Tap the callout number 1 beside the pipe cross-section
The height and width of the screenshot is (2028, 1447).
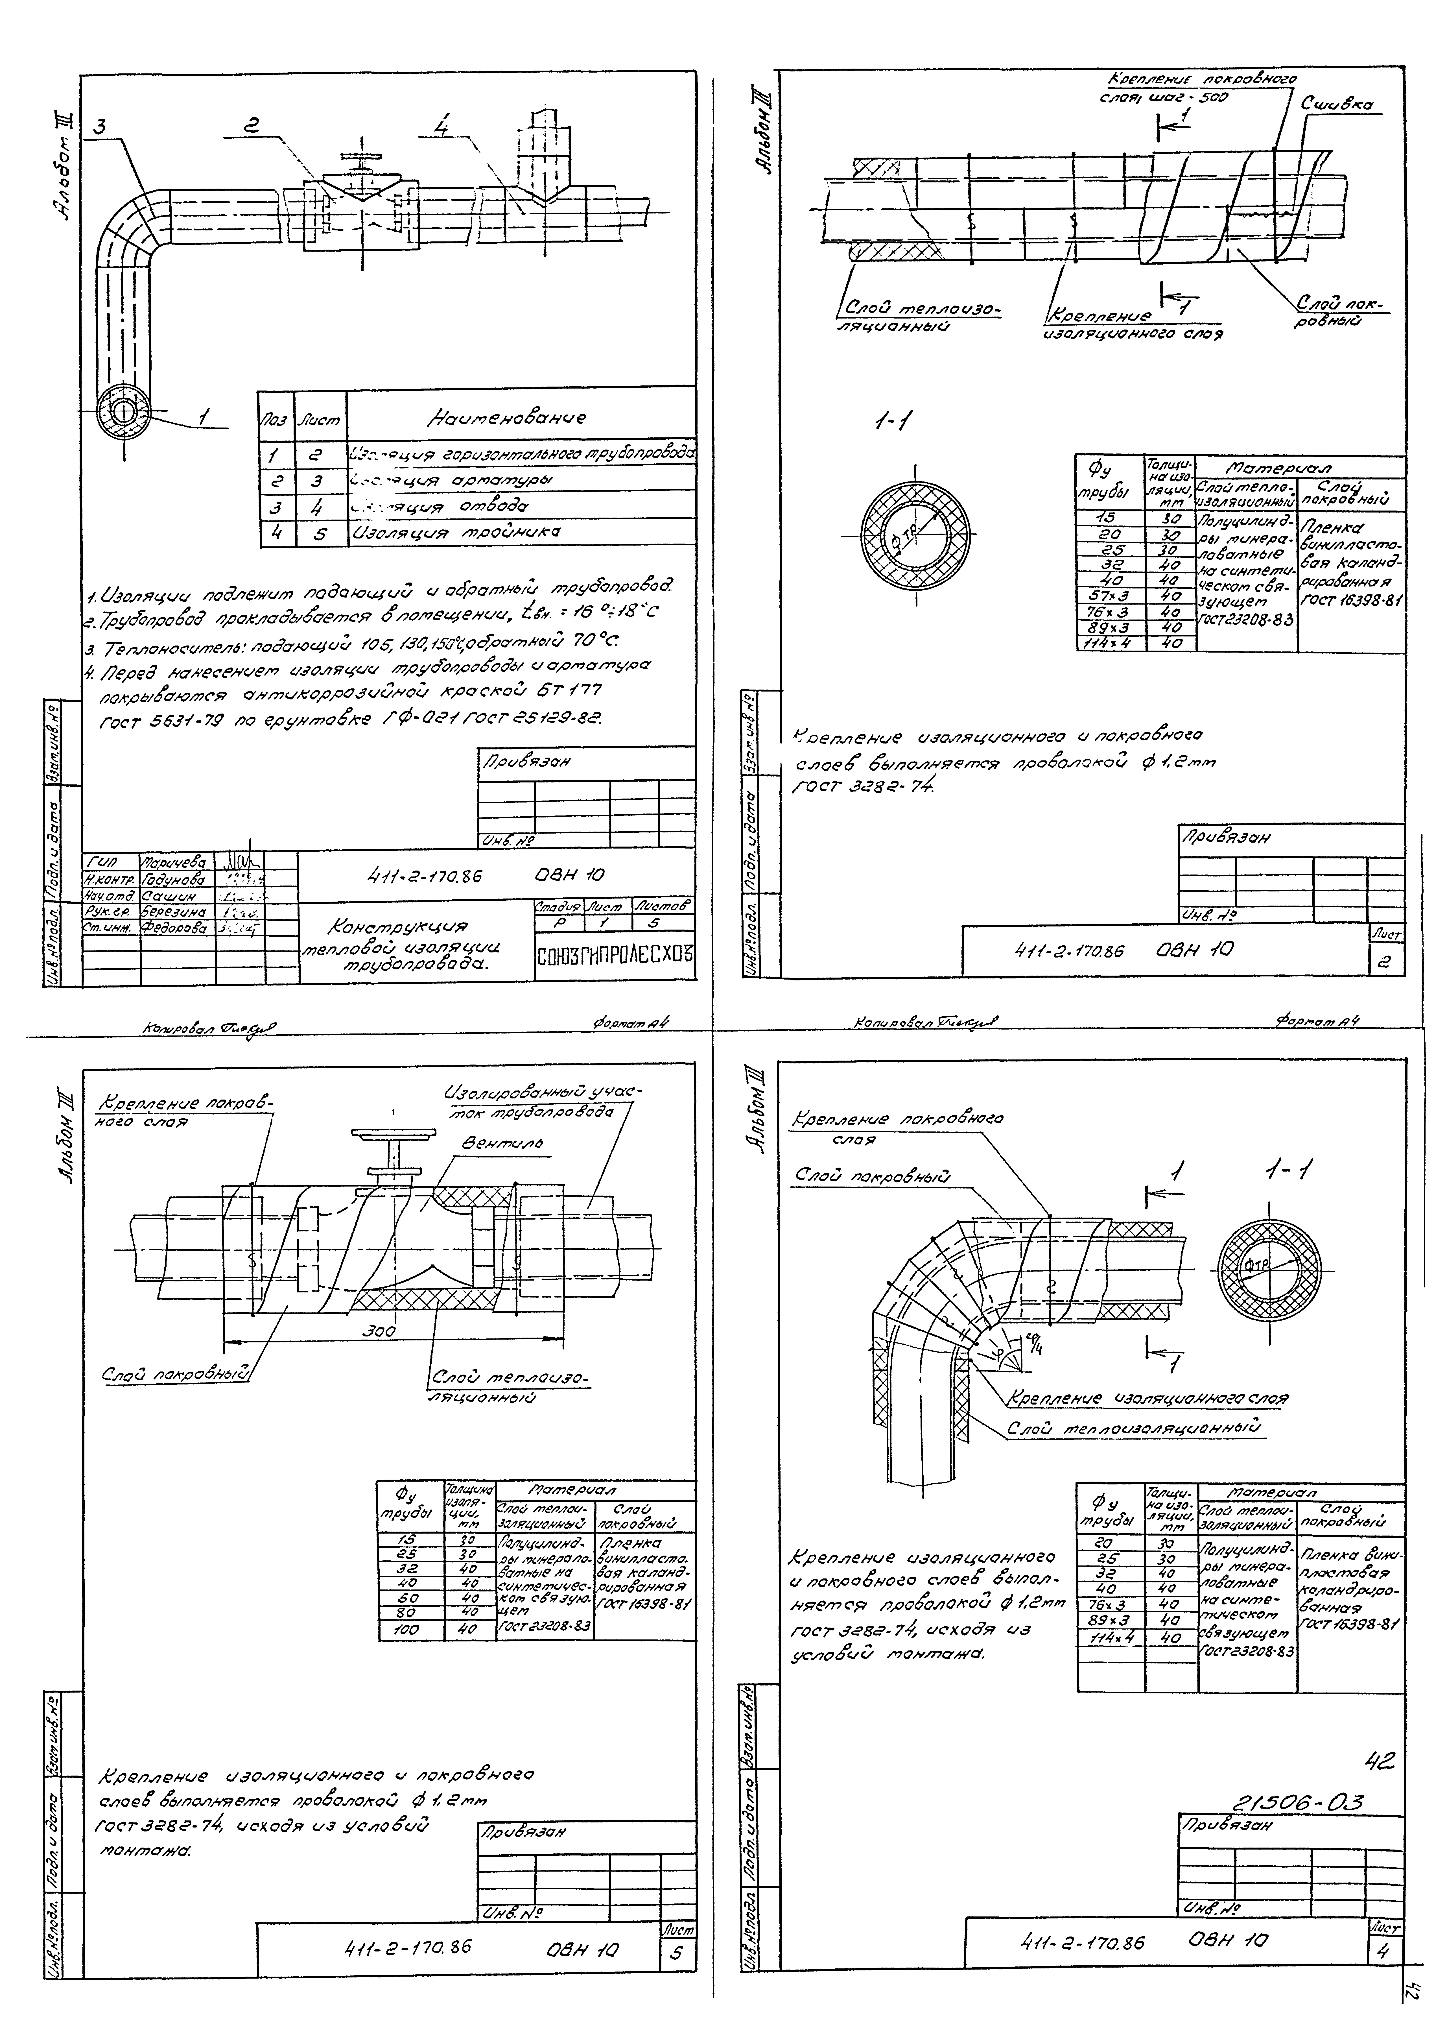coord(204,415)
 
